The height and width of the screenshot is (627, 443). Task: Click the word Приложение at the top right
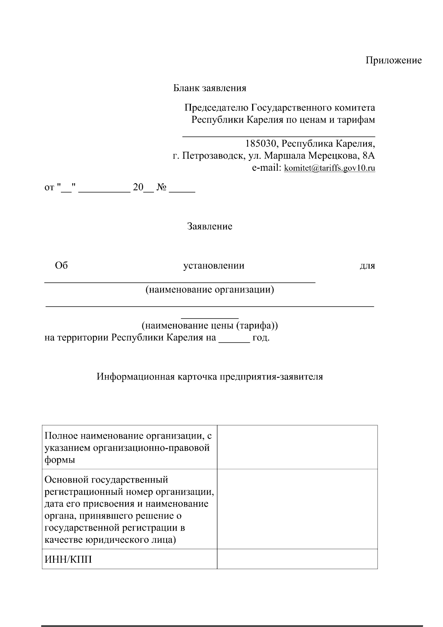394,60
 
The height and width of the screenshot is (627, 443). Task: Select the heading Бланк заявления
210,88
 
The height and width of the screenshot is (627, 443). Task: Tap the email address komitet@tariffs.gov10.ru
329,168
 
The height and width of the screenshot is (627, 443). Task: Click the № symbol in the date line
162,188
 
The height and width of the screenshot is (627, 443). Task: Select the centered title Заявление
210,226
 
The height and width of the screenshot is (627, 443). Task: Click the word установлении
214,265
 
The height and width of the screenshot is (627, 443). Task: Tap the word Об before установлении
61,265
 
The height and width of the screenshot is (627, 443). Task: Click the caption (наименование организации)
210,289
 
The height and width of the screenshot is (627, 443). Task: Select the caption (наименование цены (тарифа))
210,326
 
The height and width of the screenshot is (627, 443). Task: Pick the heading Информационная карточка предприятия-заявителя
210,376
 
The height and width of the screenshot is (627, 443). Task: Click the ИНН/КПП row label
68,559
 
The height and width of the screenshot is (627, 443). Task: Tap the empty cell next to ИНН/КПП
297,559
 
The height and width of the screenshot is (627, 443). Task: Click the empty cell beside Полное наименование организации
297,447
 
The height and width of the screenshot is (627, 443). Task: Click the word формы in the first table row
59,460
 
